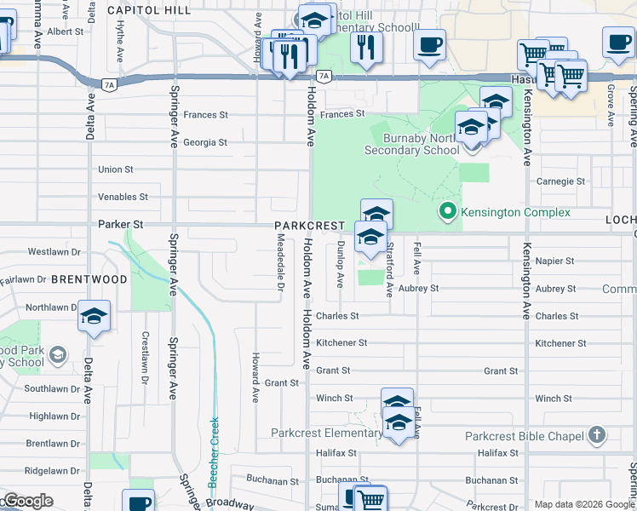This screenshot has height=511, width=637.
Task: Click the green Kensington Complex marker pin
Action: [444, 211]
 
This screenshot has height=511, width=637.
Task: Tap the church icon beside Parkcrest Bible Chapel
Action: [596, 435]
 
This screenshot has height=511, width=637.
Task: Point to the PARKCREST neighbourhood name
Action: [308, 226]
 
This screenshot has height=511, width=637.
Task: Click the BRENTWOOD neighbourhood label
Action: [89, 278]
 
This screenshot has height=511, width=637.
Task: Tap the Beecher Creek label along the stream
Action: [215, 451]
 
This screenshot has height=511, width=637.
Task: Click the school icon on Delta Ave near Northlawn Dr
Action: [94, 318]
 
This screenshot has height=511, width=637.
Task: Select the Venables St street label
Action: [123, 197]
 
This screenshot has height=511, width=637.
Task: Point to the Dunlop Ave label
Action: [340, 262]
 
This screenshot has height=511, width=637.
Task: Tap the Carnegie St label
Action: [560, 181]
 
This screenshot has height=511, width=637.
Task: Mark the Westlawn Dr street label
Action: [54, 252]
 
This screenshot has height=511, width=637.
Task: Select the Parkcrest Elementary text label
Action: [326, 433]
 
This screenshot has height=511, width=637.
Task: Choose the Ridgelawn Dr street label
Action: [52, 470]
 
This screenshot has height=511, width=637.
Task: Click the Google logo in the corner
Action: [27, 501]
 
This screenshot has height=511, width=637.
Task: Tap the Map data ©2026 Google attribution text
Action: [583, 504]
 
